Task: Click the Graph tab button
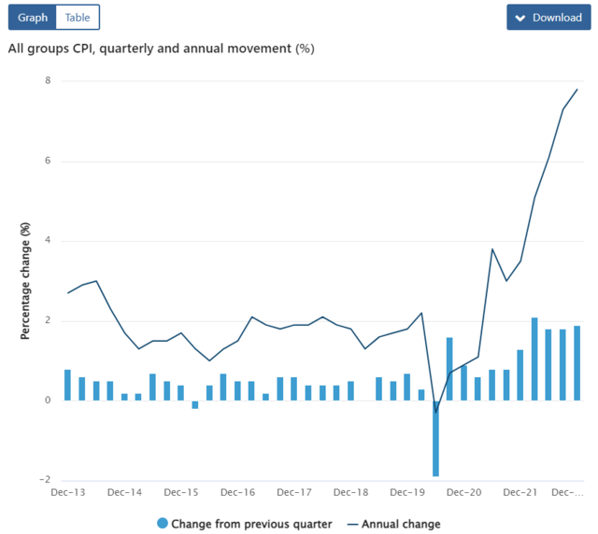33,18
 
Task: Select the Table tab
78,18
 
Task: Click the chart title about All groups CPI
161,49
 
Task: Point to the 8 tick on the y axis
48,81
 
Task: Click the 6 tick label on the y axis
48,162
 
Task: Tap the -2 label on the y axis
46,481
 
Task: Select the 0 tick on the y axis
48,401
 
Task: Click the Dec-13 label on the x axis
68,492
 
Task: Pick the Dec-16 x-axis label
237,492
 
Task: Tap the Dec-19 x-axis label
407,492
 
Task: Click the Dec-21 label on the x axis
520,492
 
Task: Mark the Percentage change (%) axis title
26,280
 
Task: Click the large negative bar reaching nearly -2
435,439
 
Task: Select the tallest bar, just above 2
534,359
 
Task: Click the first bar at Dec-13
67,385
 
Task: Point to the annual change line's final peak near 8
577,90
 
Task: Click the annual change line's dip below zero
435,412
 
